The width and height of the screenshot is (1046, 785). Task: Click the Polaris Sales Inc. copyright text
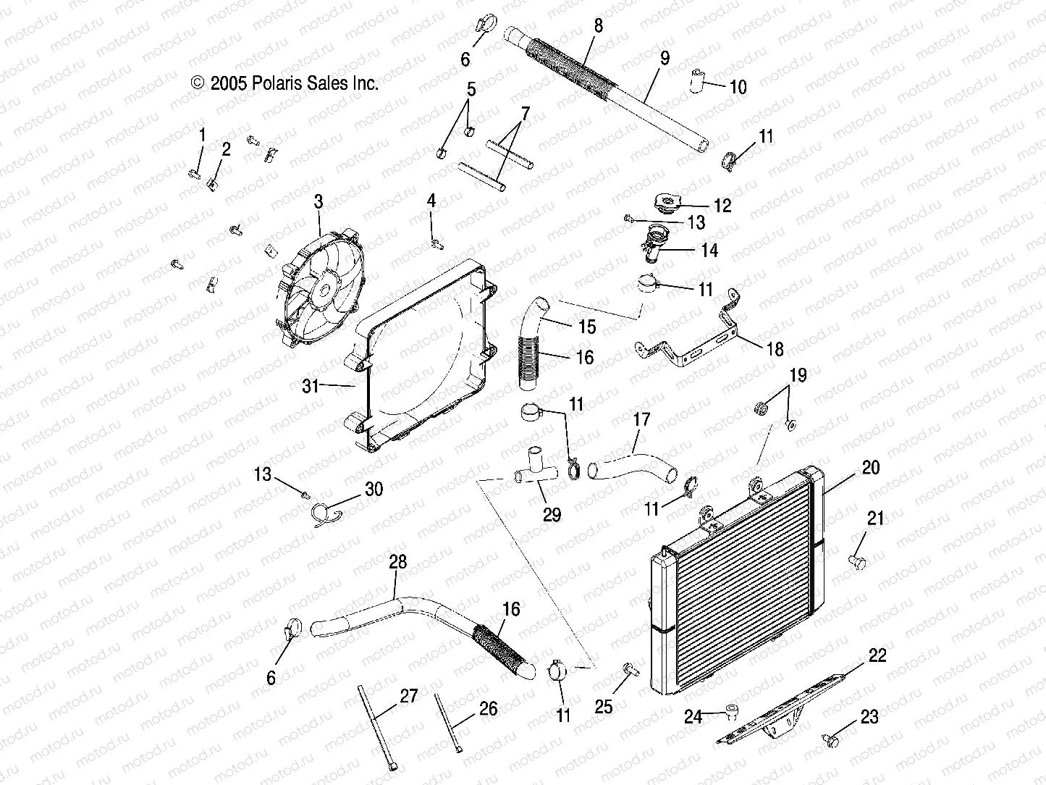click(284, 83)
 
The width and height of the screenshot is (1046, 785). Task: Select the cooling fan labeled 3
click(319, 290)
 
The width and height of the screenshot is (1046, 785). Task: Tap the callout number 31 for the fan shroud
click(311, 386)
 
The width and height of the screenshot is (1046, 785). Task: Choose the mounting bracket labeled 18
click(695, 340)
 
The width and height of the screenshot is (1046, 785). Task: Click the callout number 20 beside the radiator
click(871, 468)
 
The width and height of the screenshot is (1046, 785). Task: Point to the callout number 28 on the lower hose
click(397, 561)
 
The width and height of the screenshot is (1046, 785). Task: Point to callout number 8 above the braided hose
click(598, 26)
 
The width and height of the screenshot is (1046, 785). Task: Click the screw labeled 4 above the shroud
click(435, 244)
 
